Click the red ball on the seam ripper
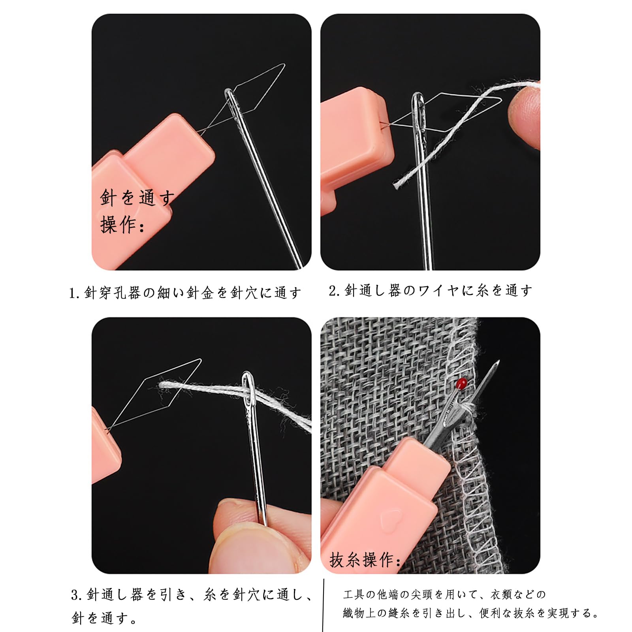462,382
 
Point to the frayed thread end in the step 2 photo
397,183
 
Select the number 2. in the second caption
334,291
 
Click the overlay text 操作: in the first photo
122,225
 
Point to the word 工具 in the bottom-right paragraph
351,594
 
